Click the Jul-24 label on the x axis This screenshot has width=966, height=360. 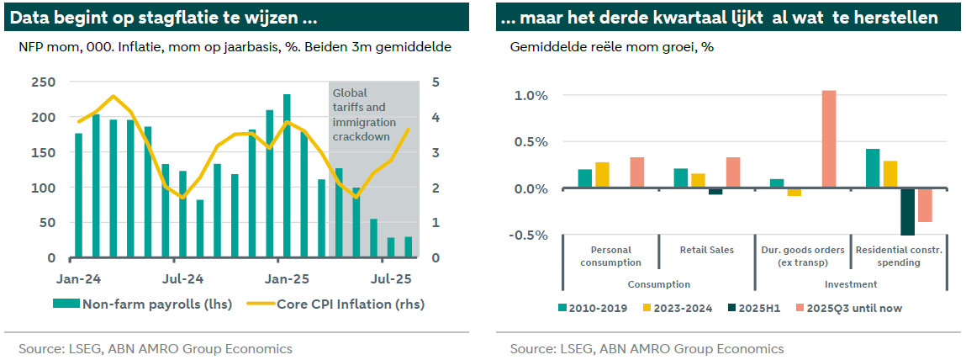[182, 278]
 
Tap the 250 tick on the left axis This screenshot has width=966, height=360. [43, 82]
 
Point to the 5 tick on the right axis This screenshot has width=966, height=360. [435, 82]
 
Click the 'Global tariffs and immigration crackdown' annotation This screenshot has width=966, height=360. [364, 114]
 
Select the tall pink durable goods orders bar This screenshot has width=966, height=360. [829, 140]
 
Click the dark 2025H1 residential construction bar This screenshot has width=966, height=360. [907, 212]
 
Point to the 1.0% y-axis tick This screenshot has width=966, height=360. [530, 96]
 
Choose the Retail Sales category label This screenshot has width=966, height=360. [707, 250]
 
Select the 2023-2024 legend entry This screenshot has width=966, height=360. [677, 308]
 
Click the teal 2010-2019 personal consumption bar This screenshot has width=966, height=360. [585, 179]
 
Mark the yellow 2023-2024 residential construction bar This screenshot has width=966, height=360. [889, 175]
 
